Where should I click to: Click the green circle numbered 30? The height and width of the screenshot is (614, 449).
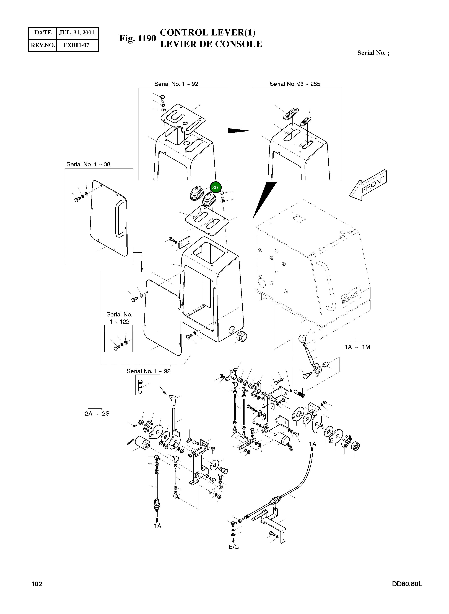click(215, 187)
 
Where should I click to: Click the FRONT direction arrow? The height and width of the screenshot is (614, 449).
click(368, 185)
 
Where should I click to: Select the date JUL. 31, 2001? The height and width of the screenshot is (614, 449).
click(77, 33)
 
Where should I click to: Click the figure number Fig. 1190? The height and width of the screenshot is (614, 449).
click(138, 38)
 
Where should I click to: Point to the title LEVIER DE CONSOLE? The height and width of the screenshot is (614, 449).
click(211, 44)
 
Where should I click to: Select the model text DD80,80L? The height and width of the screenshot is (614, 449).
click(407, 584)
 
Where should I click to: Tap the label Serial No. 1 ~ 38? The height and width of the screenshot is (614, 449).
click(88, 164)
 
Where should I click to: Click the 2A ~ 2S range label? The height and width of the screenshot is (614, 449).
click(97, 413)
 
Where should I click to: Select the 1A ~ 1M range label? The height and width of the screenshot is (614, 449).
click(357, 347)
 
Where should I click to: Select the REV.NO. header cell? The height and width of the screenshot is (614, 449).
click(43, 45)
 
